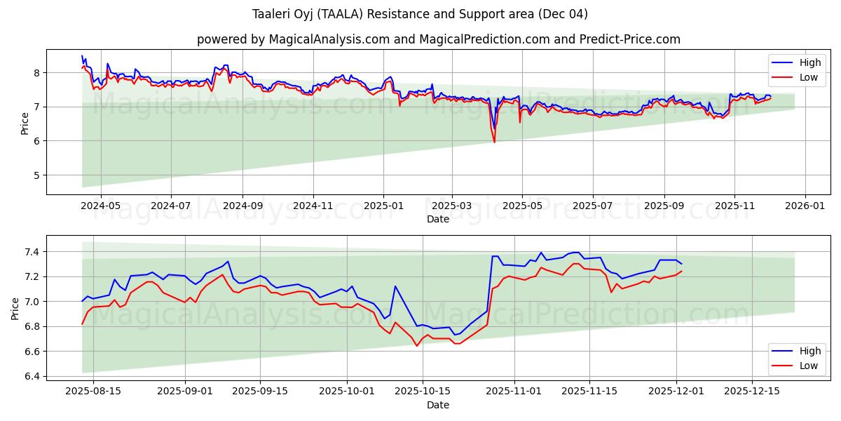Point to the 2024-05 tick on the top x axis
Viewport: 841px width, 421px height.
tap(101, 207)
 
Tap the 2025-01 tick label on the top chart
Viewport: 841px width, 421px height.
tap(383, 207)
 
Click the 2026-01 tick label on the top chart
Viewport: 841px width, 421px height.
tap(805, 207)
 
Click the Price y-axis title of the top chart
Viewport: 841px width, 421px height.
tap(25, 123)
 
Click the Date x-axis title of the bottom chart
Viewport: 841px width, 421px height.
tap(438, 405)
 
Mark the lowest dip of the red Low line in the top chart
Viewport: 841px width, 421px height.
tap(494, 142)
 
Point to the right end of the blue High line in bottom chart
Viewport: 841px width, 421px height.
tap(681, 264)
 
